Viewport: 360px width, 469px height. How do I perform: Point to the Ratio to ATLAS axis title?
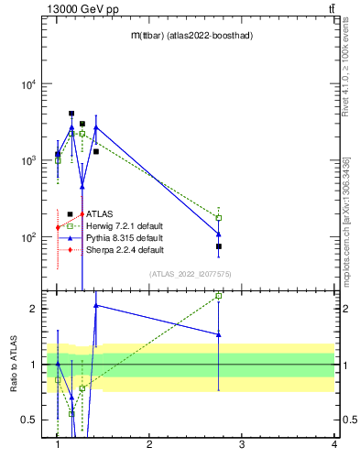(x=14, y=365)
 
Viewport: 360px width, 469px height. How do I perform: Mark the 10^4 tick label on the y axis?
(x=27, y=84)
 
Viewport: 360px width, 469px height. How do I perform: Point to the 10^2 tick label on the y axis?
(x=27, y=237)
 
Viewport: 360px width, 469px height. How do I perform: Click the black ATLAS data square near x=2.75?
(x=219, y=246)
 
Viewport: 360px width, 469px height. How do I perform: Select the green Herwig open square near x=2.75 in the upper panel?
(x=219, y=218)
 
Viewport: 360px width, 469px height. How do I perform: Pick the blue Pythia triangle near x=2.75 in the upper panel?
(x=219, y=234)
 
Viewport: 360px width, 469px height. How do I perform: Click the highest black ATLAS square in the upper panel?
(x=71, y=114)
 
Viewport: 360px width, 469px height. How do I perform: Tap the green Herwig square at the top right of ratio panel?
(x=219, y=296)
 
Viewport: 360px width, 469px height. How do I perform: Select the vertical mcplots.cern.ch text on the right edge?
(x=346, y=220)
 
